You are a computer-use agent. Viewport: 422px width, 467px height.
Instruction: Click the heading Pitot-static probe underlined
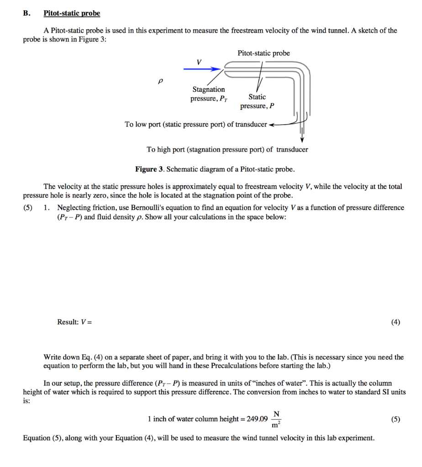(x=72, y=13)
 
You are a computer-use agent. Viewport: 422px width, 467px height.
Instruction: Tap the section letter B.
(x=26, y=13)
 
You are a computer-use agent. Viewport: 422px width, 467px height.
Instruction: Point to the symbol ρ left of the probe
(x=160, y=81)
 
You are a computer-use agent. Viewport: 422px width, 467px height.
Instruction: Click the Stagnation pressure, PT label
(x=209, y=94)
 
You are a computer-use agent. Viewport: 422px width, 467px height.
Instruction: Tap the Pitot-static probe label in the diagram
(x=264, y=53)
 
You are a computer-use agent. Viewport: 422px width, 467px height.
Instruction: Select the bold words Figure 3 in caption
(x=149, y=169)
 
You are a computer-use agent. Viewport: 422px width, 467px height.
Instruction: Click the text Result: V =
(x=74, y=322)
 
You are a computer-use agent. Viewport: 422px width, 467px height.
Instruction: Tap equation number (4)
(x=396, y=322)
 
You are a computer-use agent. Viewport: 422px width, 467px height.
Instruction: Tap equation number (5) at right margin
(x=396, y=419)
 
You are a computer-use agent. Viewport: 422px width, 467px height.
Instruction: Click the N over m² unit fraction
(x=276, y=419)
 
